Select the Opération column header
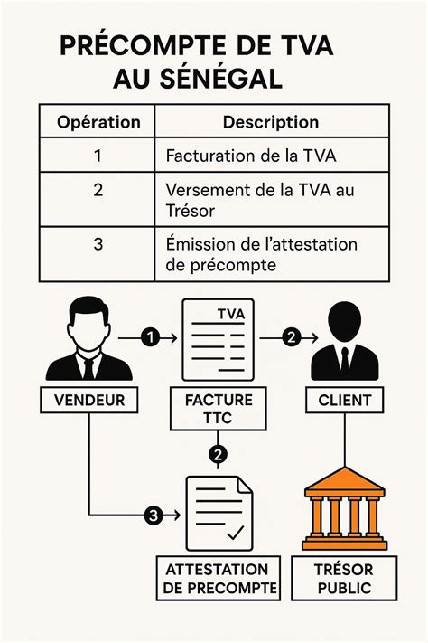(98, 121)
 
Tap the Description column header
(270, 121)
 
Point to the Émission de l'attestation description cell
(261, 254)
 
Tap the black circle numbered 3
(154, 515)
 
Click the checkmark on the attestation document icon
(237, 533)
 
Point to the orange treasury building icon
(344, 508)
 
